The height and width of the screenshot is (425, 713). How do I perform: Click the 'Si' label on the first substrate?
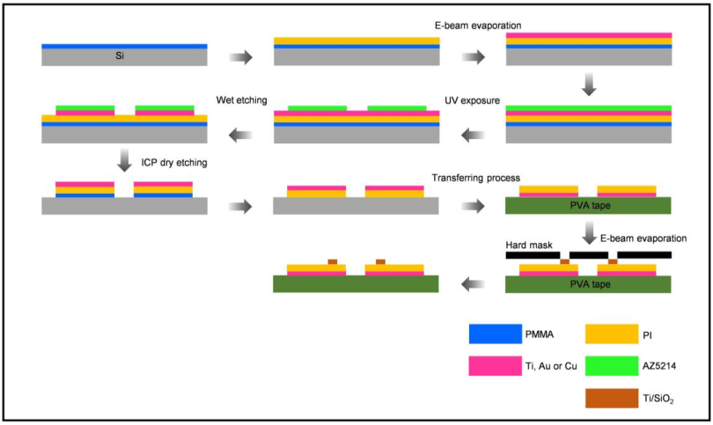pos(120,57)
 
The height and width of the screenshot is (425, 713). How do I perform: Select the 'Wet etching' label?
pos(241,99)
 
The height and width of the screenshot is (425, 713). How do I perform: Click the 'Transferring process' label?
pos(475,178)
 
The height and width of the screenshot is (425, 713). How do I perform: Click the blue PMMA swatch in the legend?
pos(495,334)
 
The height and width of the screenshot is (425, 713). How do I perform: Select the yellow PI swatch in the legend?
pos(611,334)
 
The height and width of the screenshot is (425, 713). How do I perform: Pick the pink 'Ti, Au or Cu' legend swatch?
pos(495,366)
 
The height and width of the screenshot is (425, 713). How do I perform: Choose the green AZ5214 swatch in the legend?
pos(611,366)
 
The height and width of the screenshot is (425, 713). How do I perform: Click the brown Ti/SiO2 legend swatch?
pos(611,398)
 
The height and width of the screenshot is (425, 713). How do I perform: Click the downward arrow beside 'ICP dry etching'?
pos(124,160)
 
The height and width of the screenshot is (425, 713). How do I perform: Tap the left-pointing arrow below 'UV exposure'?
pos(474,135)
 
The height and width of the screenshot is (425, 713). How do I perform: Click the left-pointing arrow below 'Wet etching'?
pos(240,135)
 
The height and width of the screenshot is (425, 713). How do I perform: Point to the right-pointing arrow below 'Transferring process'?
pos(474,206)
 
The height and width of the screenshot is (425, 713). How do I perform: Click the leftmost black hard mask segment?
pos(533,255)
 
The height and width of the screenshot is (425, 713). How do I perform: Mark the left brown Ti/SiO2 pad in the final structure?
pos(333,261)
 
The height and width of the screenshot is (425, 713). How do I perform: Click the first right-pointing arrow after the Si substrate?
pos(240,57)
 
